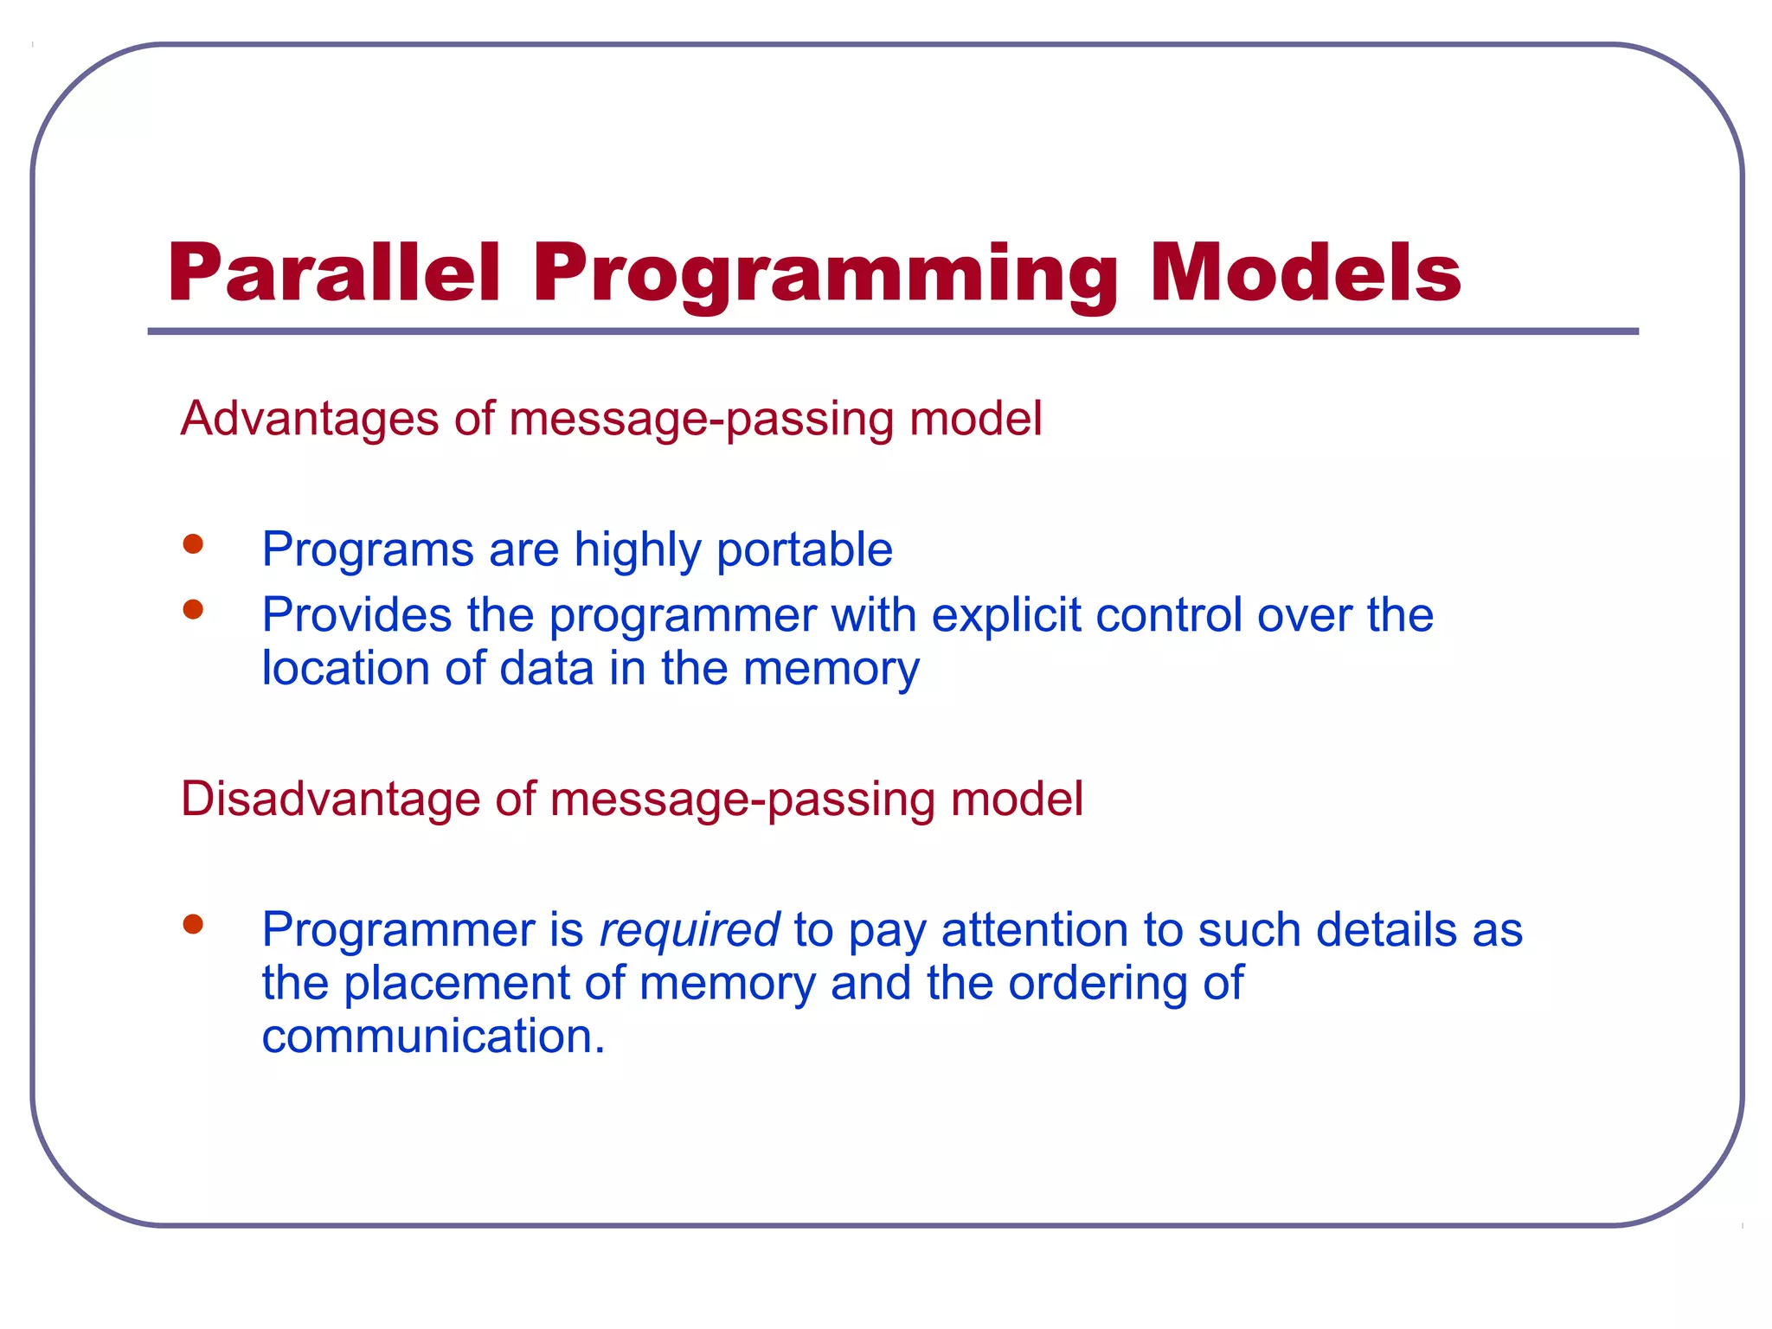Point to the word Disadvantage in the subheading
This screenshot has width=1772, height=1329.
(x=329, y=799)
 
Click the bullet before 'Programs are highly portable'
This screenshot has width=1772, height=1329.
(x=193, y=544)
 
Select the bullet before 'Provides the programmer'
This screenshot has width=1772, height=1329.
(x=193, y=610)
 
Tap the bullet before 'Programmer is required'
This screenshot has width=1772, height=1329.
(x=193, y=925)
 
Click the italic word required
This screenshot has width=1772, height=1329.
(x=689, y=931)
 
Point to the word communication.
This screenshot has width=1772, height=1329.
(x=433, y=1037)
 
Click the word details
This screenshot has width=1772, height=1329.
(x=1374, y=931)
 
